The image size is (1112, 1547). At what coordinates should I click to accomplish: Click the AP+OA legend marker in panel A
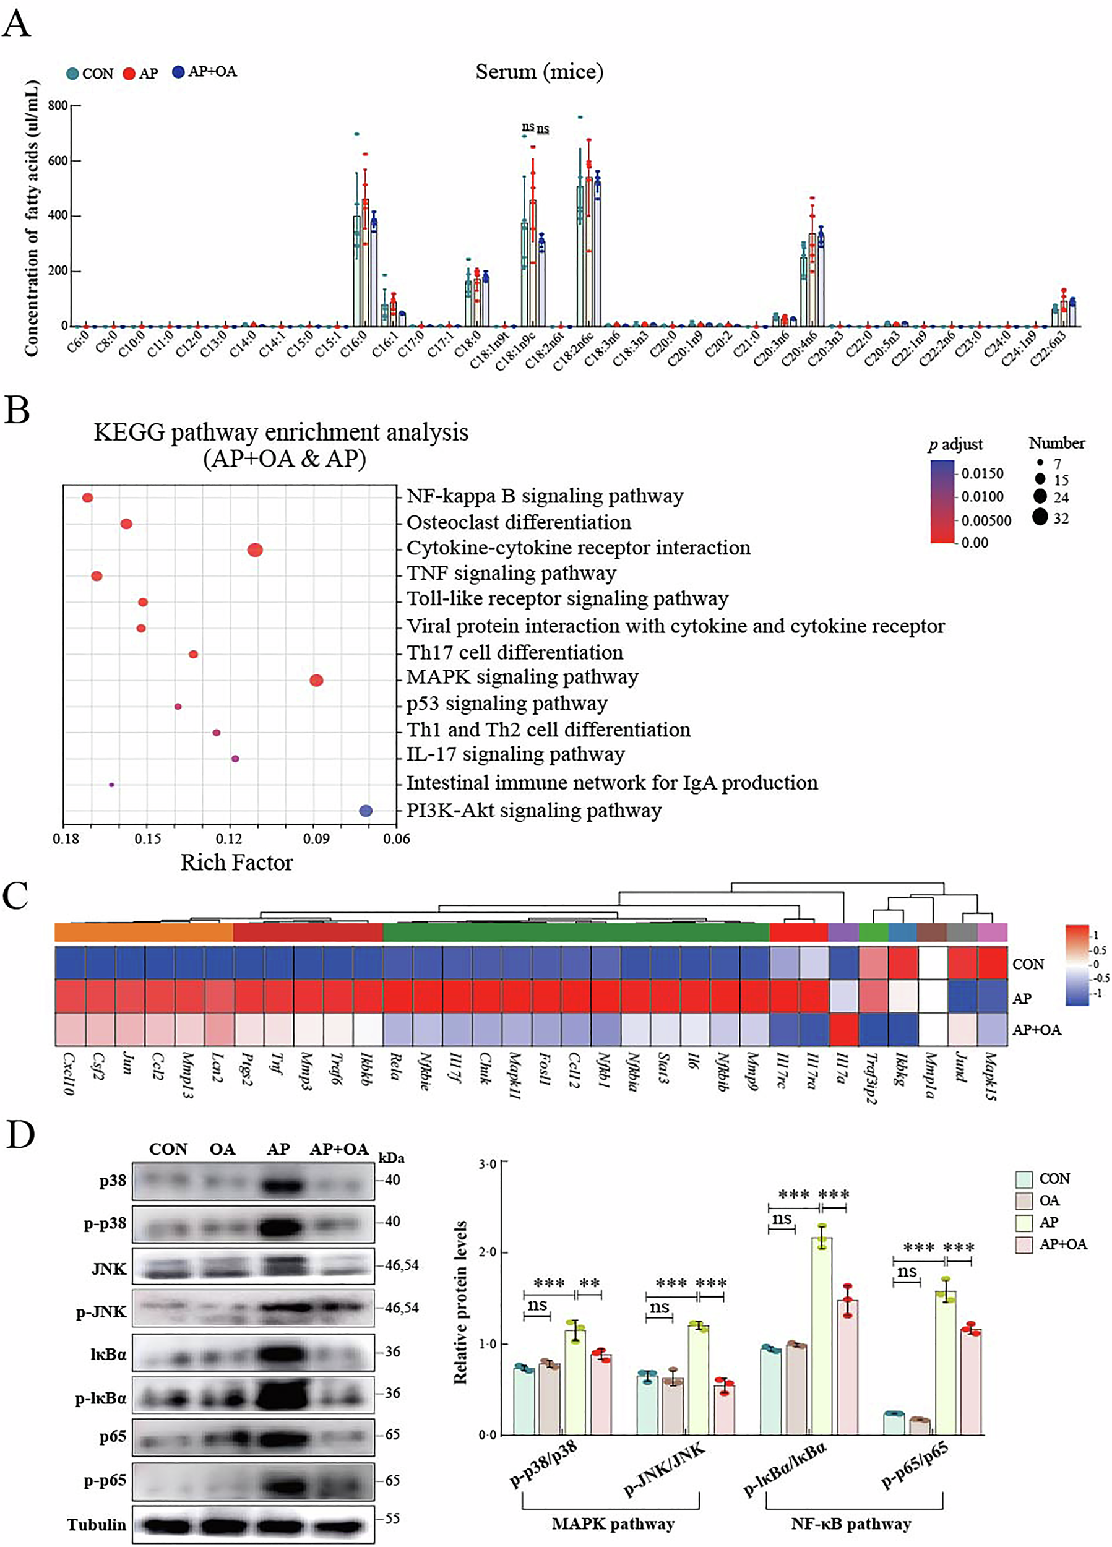point(178,72)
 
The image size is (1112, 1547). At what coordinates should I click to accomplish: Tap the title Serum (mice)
point(539,72)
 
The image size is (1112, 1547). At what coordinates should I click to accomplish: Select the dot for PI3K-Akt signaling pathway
point(366,811)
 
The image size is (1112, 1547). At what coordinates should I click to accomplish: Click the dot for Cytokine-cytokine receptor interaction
point(255,549)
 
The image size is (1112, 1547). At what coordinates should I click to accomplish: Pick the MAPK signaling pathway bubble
point(316,680)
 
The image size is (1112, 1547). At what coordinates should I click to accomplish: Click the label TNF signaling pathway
point(511,573)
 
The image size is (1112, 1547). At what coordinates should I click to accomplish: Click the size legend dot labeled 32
point(1040,518)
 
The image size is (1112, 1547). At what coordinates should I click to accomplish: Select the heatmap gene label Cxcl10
point(68,1074)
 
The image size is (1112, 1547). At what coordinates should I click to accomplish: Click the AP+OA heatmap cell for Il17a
point(843,1029)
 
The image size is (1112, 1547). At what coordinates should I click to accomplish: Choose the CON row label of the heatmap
point(1027,964)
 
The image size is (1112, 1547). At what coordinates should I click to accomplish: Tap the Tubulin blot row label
point(96,1525)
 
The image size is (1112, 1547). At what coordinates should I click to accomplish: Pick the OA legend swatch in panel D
point(1024,1200)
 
